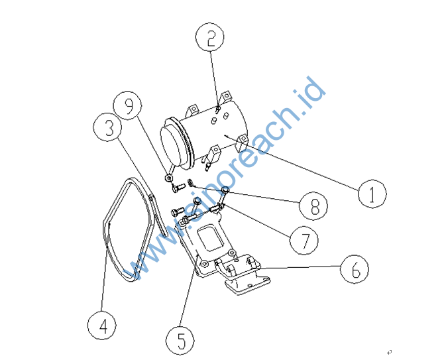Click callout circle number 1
372,194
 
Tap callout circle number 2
210,37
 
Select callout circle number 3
107,127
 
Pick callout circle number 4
102,325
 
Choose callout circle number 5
180,340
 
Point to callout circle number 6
355,269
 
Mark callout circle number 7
304,240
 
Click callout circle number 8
313,206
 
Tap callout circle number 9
128,105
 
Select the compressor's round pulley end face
170,147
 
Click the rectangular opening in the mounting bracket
210,237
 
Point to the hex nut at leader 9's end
168,178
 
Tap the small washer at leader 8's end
191,182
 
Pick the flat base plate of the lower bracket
247,285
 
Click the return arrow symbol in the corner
389,352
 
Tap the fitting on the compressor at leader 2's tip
218,109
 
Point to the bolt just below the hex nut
178,188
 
